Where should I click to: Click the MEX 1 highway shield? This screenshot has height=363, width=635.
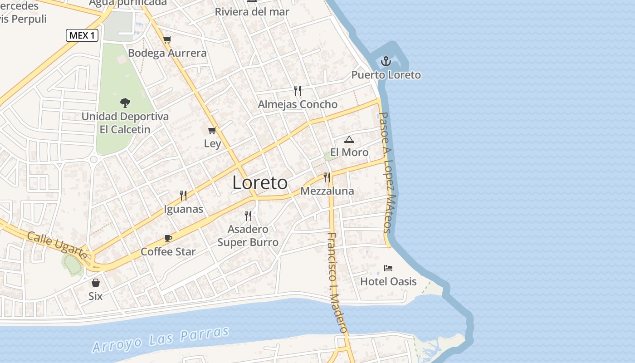coord(82,35)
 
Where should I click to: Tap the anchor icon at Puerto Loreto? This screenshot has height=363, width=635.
coord(386,61)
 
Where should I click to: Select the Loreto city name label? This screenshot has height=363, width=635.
coord(260,182)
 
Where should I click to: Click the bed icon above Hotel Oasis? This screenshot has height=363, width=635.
coord(388,268)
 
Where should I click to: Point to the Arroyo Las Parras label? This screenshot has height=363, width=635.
coord(161,339)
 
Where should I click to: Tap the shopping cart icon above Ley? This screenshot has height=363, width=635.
coord(212,131)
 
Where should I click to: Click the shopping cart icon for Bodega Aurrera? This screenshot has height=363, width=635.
coord(167,39)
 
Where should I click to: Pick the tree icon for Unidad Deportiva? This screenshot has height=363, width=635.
coord(125,103)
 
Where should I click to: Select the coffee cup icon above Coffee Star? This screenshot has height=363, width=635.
coord(168,238)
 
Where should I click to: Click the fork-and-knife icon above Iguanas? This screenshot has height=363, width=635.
coord(183,196)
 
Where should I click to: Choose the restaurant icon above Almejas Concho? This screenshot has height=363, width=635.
coord(298,91)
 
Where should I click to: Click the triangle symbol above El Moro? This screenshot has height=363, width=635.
coord(349,139)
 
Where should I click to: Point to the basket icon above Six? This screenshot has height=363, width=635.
coord(96,283)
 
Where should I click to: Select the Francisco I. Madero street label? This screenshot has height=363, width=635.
coord(337,289)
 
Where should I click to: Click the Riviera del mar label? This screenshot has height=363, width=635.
coord(252,12)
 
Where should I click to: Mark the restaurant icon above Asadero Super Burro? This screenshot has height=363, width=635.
coord(248,216)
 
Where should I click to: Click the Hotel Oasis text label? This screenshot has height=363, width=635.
coord(388,281)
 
